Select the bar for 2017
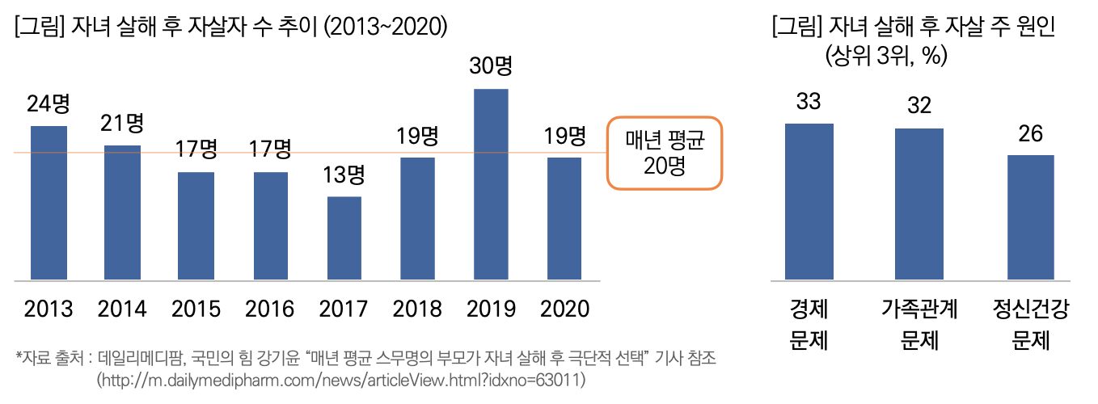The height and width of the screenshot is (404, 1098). (344, 238)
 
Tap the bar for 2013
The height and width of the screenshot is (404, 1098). (49, 203)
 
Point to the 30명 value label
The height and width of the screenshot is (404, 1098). (492, 66)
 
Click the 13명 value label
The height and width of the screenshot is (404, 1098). (344, 175)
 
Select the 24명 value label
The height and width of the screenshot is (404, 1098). (49, 104)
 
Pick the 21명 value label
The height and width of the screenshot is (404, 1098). (122, 123)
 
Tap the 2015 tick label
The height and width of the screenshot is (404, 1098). (196, 309)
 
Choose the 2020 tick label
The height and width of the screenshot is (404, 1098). (564, 309)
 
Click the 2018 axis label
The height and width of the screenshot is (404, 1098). (417, 309)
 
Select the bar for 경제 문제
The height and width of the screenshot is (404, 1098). (809, 202)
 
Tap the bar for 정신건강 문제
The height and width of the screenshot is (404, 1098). (1030, 217)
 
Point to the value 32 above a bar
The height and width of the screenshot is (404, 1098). (919, 106)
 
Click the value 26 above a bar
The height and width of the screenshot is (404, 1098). (1030, 133)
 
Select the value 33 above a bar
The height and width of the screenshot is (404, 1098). (809, 102)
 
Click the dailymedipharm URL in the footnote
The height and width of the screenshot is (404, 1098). (340, 379)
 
